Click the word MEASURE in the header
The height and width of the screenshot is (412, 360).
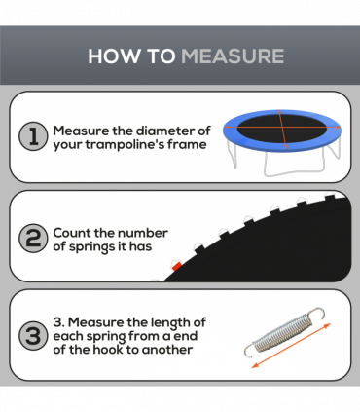pyautogui.click(x=233, y=56)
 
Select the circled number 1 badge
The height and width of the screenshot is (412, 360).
pyautogui.click(x=33, y=136)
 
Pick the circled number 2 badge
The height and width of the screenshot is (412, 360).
pyautogui.click(x=33, y=239)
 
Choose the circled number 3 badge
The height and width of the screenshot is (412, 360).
pyautogui.click(x=33, y=335)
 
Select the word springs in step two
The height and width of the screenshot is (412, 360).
pyautogui.click(x=92, y=247)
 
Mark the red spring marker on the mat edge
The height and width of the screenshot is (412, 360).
pyautogui.click(x=177, y=267)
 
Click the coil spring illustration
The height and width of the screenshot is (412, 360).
pyautogui.click(x=284, y=332)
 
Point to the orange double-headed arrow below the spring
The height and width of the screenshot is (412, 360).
pyautogui.click(x=291, y=346)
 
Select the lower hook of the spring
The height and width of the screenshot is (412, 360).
pyautogui.click(x=250, y=350)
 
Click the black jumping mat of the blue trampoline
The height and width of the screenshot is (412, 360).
pyautogui.click(x=282, y=129)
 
